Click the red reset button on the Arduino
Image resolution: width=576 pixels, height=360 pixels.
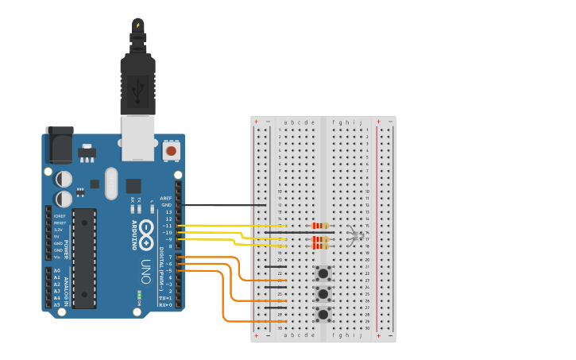171,149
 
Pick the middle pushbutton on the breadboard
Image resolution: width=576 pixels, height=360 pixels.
323,295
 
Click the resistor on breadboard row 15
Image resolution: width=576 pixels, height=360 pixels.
320,226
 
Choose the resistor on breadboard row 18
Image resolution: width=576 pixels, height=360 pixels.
320,246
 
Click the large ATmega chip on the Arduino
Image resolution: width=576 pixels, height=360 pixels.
84,258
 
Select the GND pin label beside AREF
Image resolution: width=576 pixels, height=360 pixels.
167,205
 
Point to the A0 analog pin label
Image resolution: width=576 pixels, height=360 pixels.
56,270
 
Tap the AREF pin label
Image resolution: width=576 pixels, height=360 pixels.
166,198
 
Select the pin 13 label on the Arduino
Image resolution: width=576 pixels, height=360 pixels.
168,212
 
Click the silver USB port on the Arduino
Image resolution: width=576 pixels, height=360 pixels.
137,137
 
